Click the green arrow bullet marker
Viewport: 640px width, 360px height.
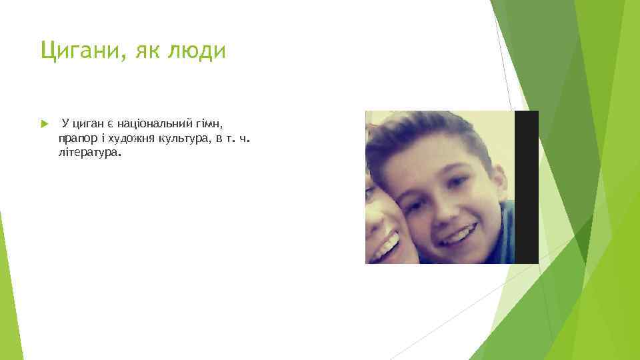coord(44,124)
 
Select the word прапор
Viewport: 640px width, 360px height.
coord(76,139)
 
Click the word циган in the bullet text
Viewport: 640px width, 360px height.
coord(88,124)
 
